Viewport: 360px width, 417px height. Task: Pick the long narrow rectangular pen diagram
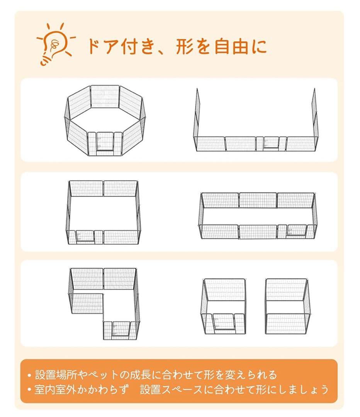click(257, 216)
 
